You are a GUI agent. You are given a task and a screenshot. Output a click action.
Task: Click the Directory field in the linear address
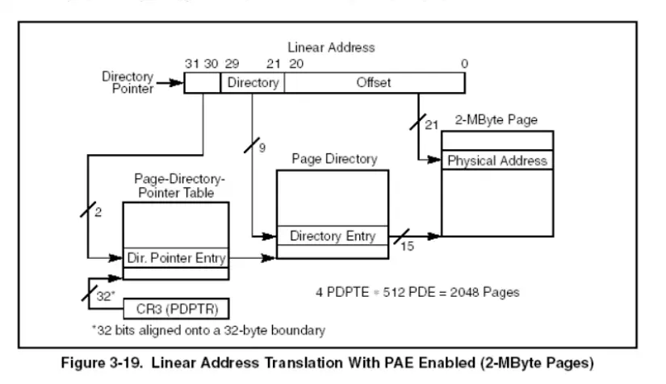253,83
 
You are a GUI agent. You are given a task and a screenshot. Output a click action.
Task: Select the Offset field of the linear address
375,83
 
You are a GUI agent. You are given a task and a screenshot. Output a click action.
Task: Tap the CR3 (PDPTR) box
175,308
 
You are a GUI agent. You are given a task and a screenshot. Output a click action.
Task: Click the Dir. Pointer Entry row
176,258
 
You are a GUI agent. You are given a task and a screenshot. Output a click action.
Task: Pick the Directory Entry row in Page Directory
332,236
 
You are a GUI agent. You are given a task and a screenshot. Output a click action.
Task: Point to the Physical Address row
497,160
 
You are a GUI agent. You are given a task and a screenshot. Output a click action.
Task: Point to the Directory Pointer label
128,82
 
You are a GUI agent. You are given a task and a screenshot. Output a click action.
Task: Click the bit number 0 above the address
463,64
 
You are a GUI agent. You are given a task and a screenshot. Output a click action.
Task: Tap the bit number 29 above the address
232,64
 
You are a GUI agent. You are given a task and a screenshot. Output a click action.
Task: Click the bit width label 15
408,246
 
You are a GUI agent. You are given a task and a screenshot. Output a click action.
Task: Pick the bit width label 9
262,148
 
